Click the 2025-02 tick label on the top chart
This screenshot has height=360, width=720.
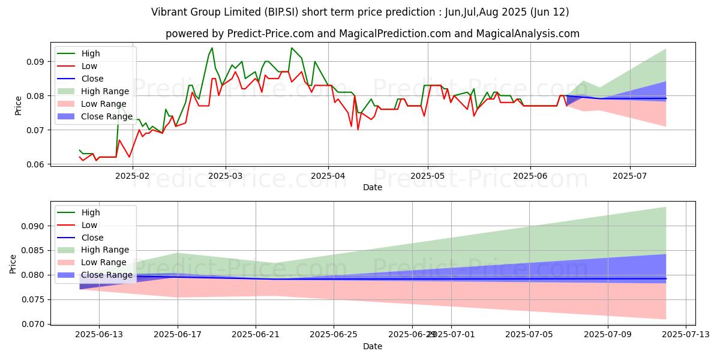[x=132, y=176]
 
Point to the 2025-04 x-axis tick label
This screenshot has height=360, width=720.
[x=328, y=176]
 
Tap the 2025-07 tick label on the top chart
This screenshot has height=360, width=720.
[x=630, y=176]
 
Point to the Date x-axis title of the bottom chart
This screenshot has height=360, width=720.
[x=373, y=347]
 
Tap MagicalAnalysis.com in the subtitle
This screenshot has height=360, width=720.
[x=527, y=34]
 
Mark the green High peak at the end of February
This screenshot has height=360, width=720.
[x=212, y=48]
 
